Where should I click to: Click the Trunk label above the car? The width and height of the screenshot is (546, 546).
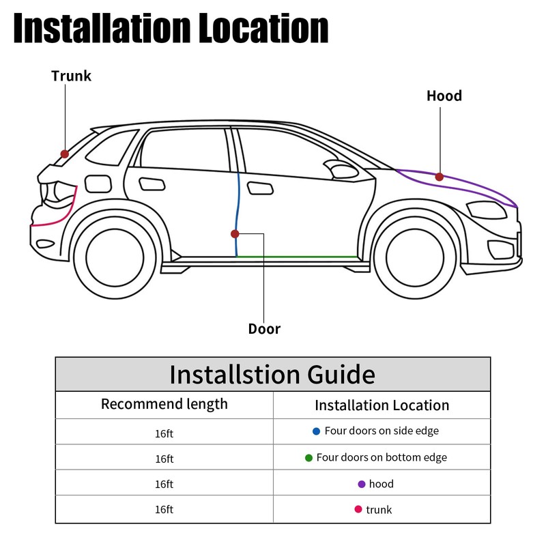click(71, 76)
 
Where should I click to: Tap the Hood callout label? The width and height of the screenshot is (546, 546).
click(444, 96)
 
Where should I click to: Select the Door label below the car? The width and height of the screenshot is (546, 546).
click(264, 329)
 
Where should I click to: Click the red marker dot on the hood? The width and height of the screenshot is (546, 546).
click(440, 177)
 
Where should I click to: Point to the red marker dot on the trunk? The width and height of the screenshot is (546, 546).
click(65, 154)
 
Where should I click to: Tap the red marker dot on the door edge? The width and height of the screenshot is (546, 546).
click(235, 233)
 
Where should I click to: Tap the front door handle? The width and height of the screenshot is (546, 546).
click(259, 188)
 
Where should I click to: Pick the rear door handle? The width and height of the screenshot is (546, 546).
click(151, 184)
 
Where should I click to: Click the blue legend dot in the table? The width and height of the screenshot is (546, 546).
click(316, 431)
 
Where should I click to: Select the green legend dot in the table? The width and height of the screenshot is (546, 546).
click(308, 458)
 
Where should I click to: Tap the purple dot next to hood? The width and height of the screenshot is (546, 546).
click(361, 485)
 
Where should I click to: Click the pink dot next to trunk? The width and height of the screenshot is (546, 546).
click(358, 509)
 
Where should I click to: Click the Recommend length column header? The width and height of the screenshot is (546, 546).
click(164, 404)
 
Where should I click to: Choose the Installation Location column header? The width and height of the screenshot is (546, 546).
click(382, 405)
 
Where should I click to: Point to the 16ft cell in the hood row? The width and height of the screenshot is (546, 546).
click(164, 485)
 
